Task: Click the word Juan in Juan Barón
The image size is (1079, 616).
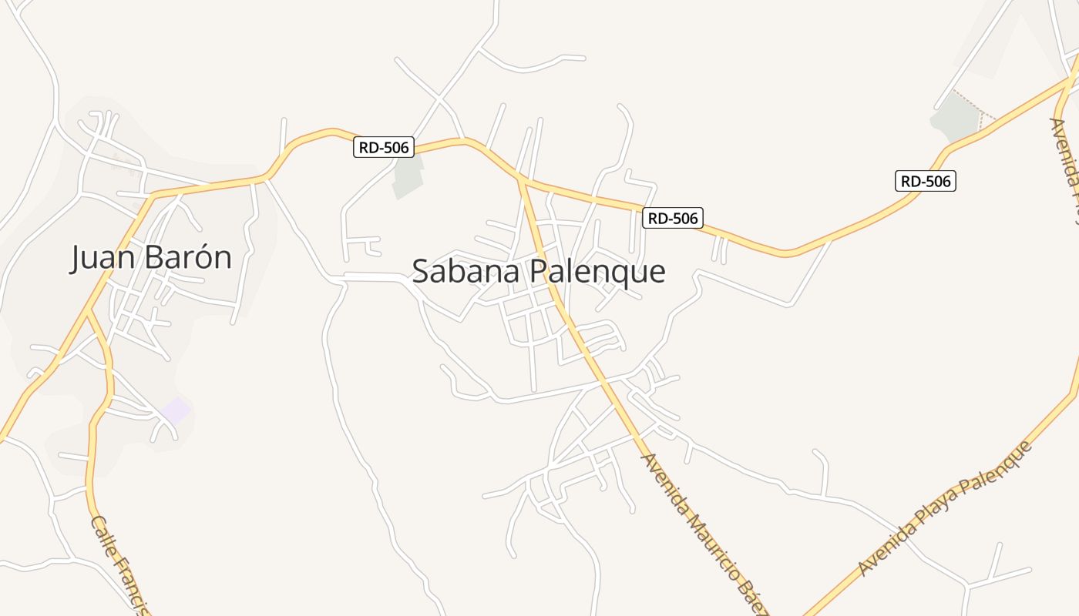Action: click(103, 257)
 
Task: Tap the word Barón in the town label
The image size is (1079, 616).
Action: click(188, 257)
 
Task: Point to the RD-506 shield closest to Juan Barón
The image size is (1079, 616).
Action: click(384, 147)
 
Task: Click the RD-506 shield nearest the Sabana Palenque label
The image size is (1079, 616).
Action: click(673, 218)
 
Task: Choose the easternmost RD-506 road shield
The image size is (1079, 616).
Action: click(925, 182)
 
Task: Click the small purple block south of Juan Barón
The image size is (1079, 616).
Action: click(176, 410)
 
